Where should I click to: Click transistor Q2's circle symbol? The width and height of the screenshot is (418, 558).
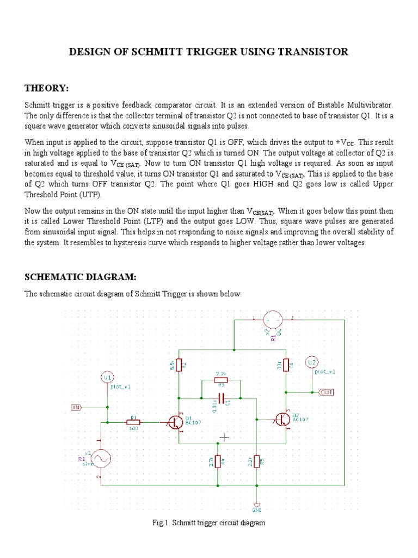282,419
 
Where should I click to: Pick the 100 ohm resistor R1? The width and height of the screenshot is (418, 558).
133,422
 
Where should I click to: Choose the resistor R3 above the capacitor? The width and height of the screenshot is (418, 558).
221,380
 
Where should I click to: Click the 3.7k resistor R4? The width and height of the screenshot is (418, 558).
218,462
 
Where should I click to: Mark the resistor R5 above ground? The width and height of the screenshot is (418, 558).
257,462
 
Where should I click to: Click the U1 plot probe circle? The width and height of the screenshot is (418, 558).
107,377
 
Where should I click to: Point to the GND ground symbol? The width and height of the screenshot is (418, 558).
257,506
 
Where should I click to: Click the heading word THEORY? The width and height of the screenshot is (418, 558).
47,88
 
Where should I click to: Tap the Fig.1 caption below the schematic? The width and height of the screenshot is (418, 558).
209,523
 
